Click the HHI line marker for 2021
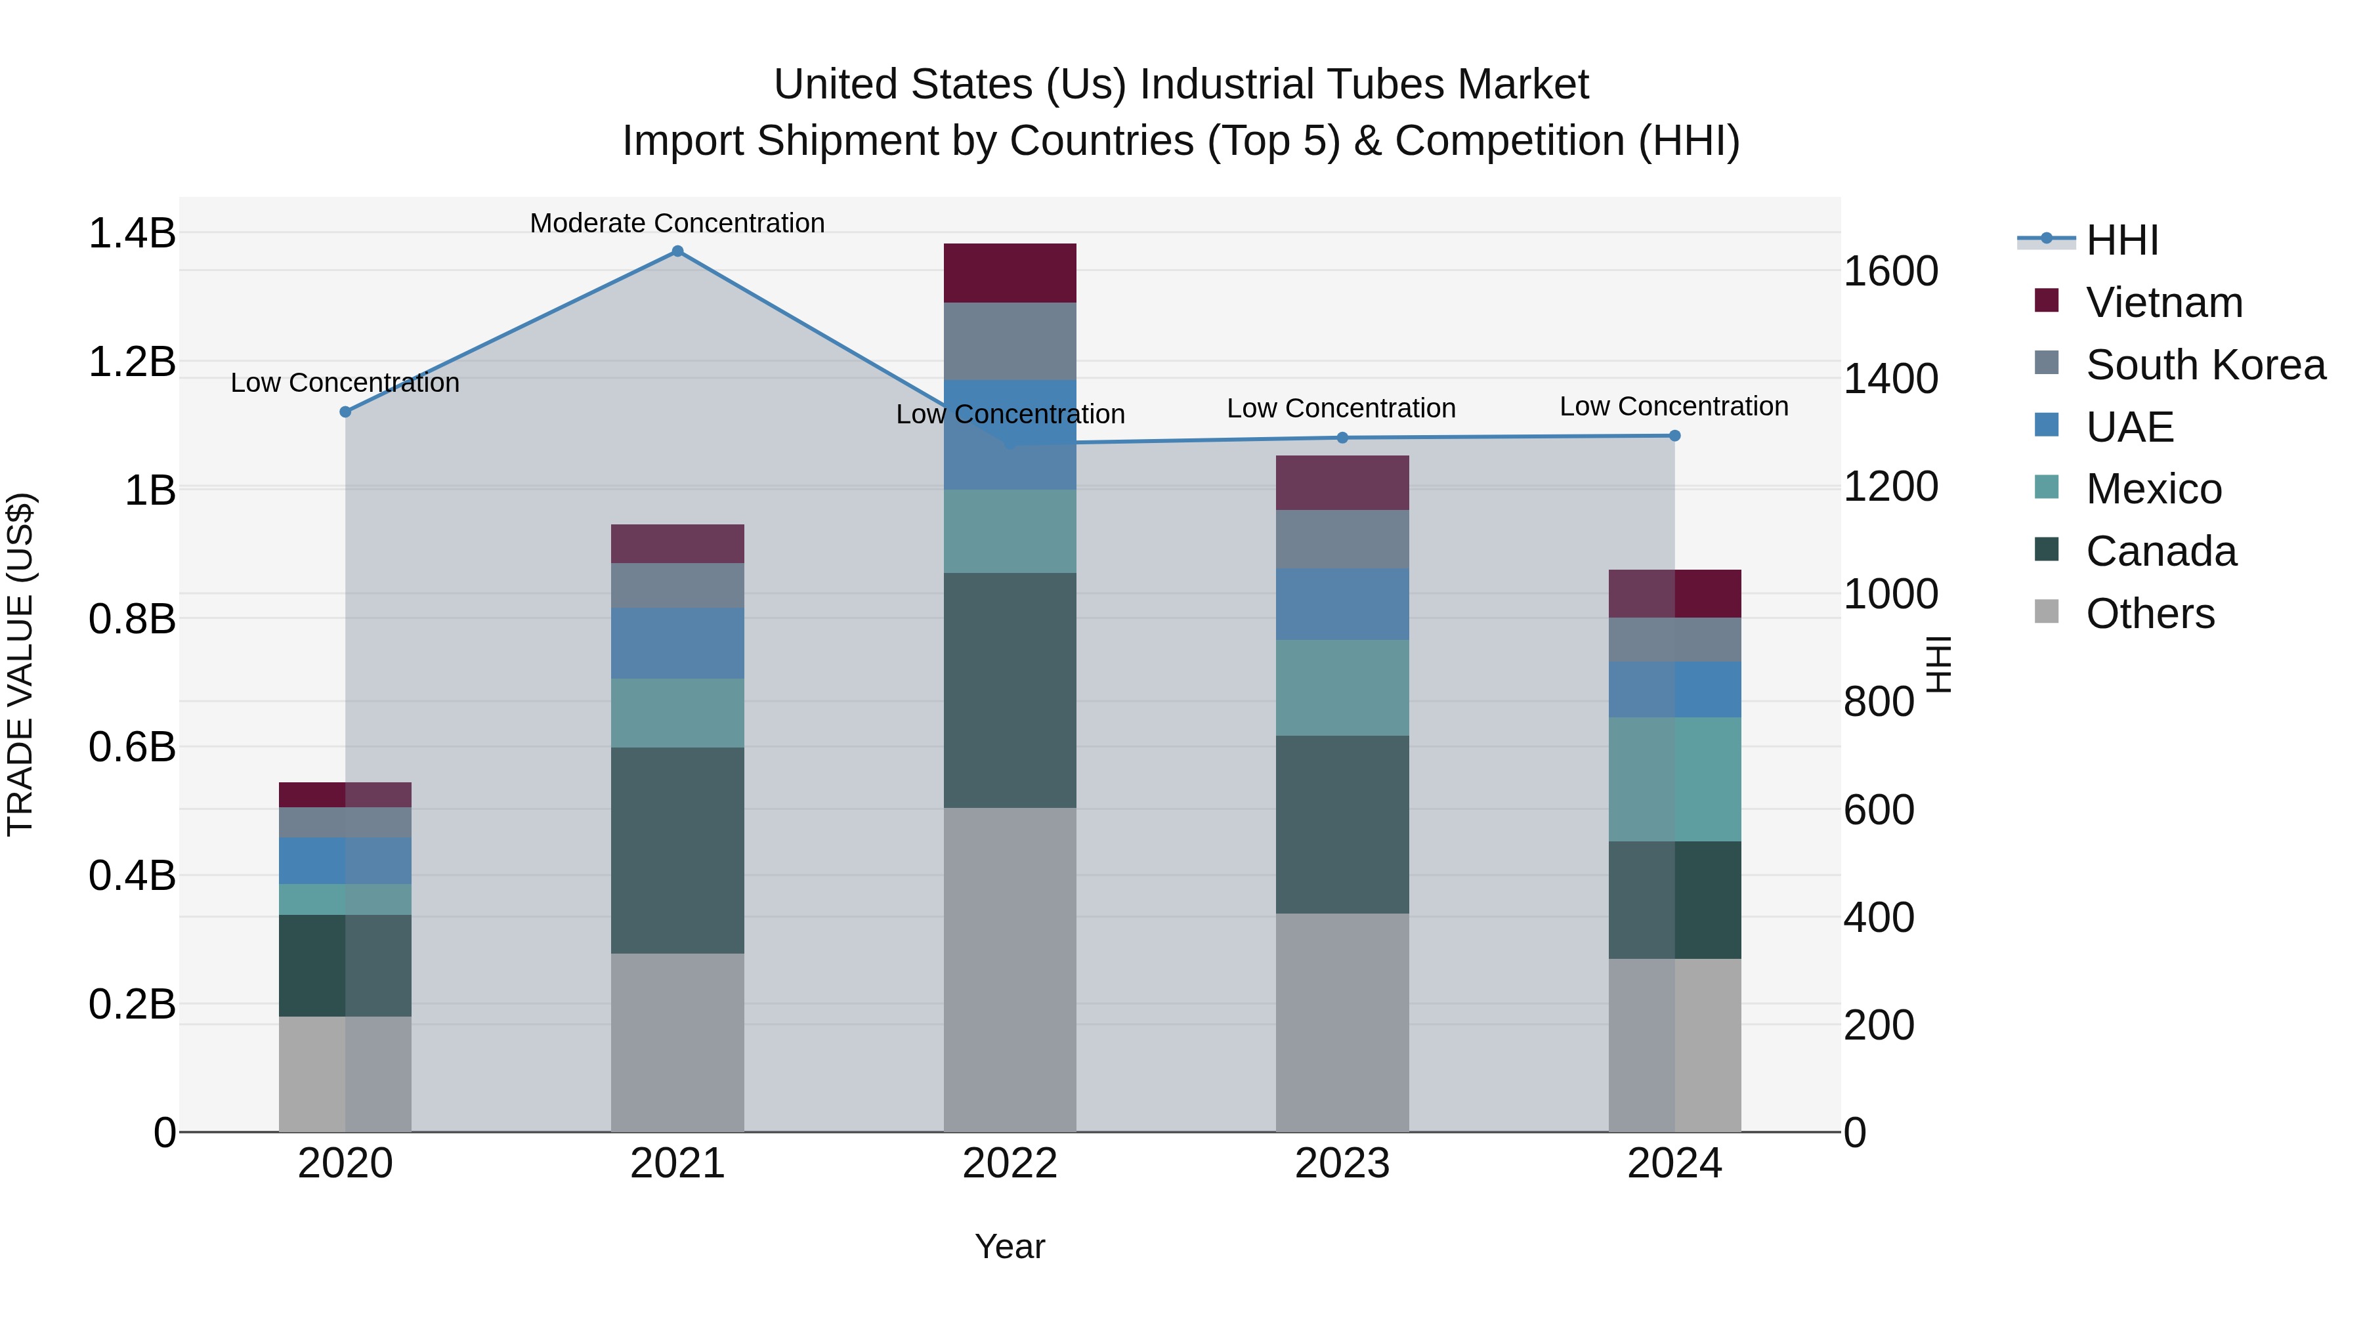point(677,251)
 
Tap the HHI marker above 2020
point(345,411)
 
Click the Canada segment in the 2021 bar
point(677,850)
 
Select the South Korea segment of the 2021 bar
point(677,585)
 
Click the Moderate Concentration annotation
point(677,223)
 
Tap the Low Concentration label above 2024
point(1673,406)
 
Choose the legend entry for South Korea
point(2205,365)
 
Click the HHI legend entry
point(2121,240)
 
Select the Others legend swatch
point(2047,612)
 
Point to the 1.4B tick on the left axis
point(131,233)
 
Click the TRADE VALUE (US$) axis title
point(20,664)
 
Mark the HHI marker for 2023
point(1342,438)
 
